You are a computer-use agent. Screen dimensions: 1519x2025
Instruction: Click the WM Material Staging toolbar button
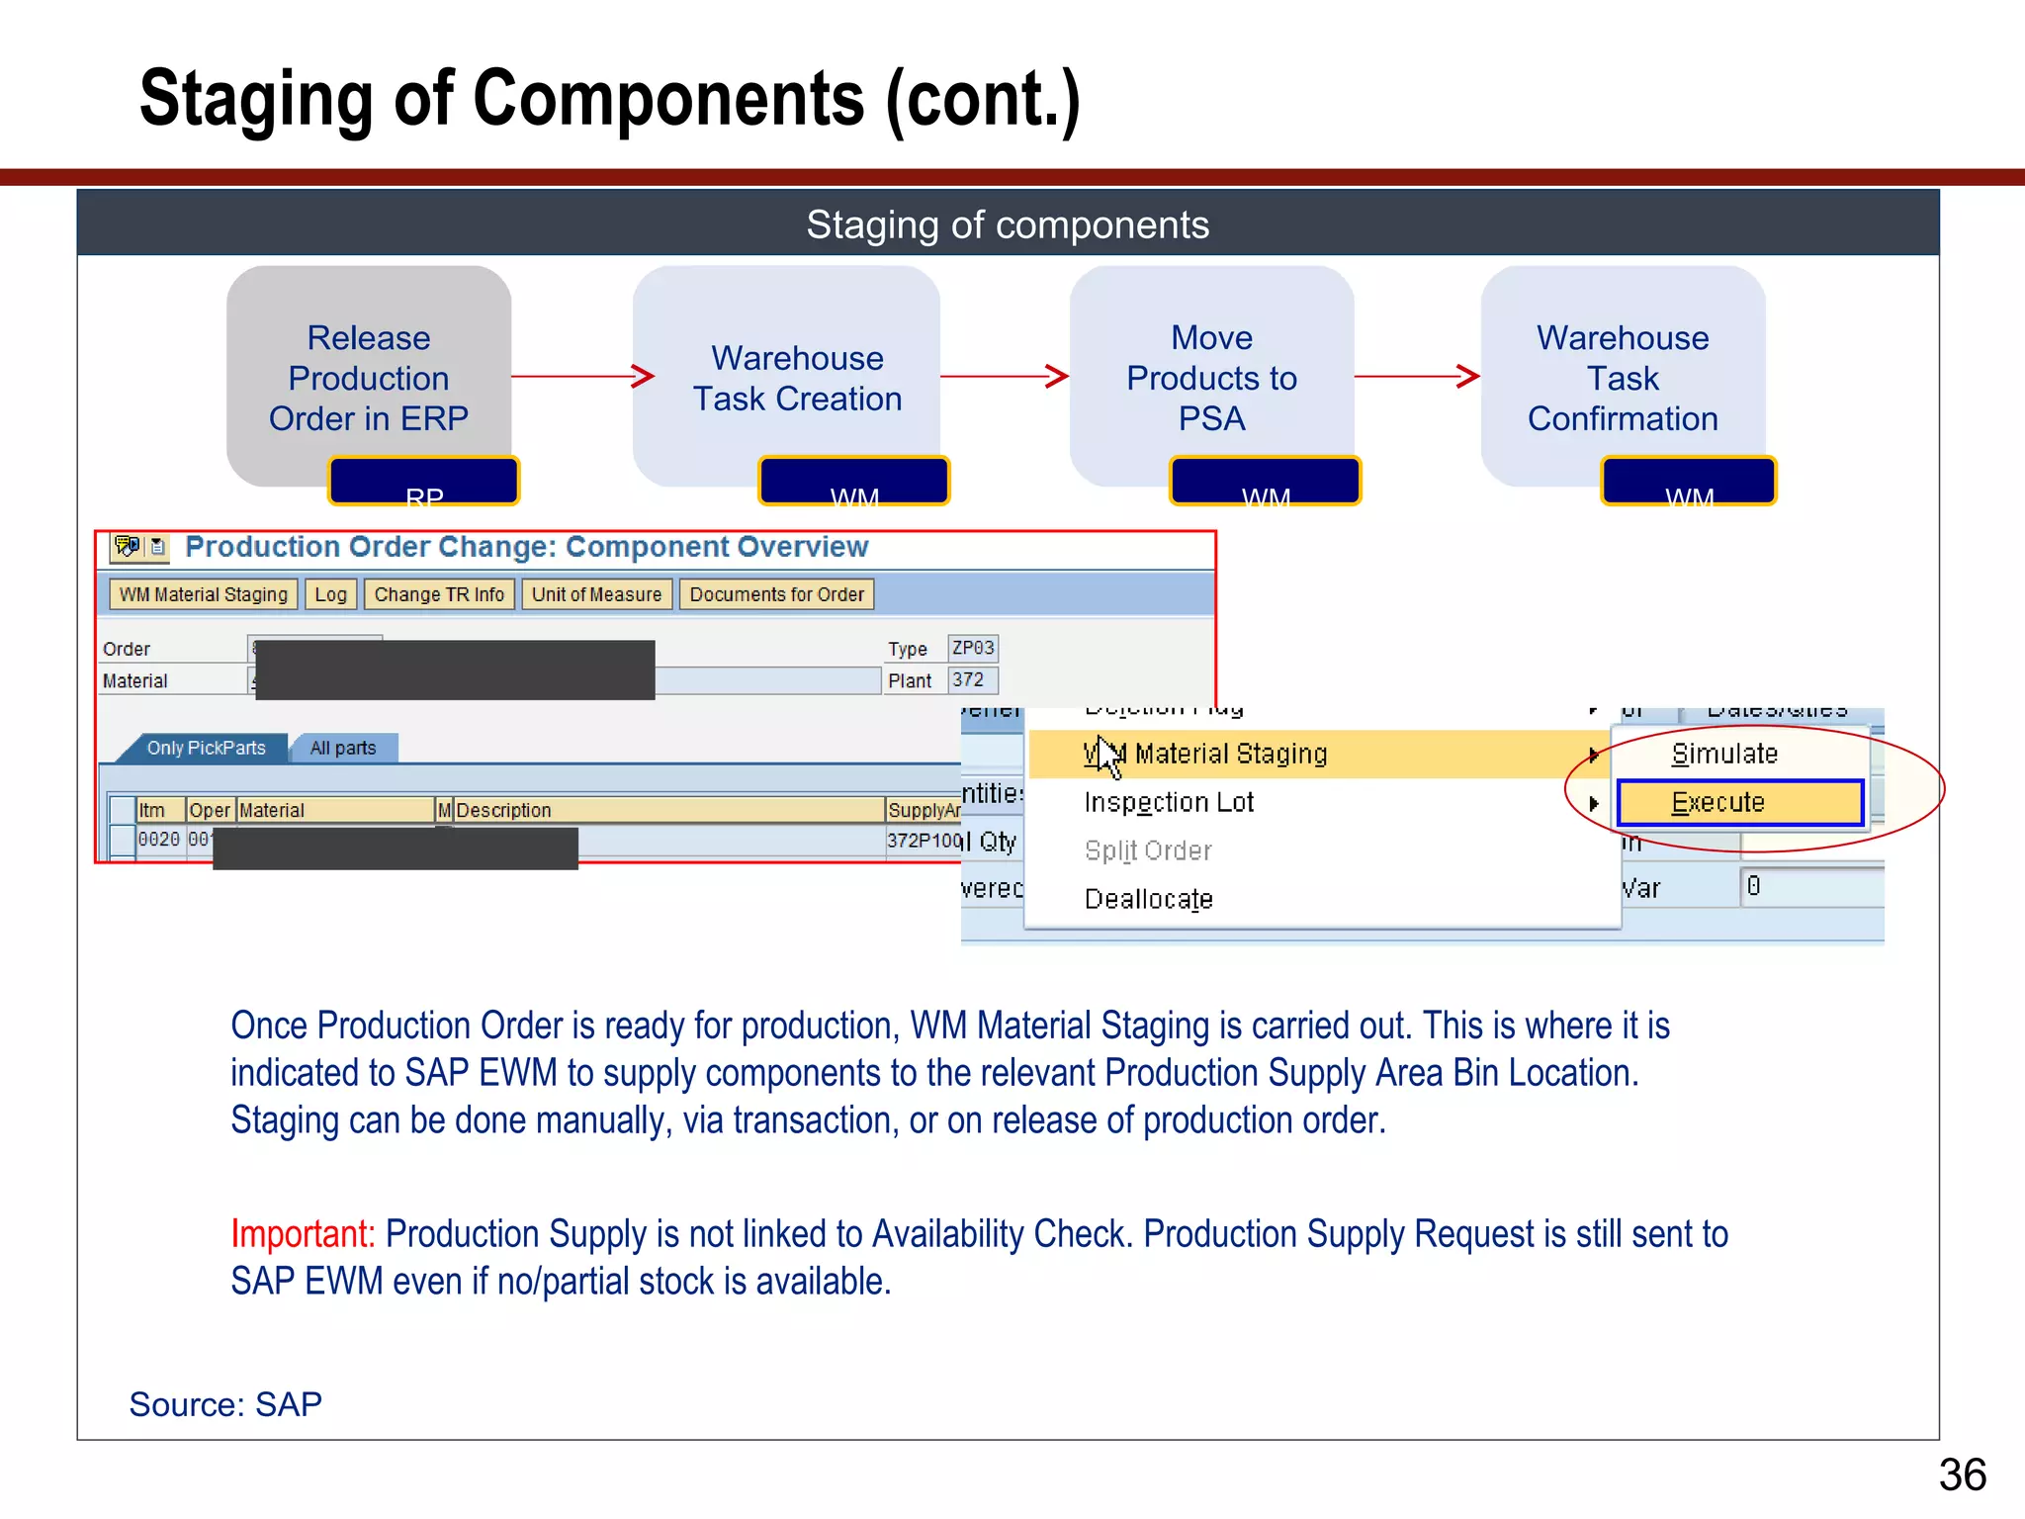(x=203, y=594)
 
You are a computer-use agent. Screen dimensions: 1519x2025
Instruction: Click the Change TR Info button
(x=439, y=594)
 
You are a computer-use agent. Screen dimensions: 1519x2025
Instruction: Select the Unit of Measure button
(x=596, y=594)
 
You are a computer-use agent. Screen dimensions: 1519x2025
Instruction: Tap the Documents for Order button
(x=776, y=594)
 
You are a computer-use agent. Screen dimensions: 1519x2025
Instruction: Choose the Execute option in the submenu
(x=1739, y=802)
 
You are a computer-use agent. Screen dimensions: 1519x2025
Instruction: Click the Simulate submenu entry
(x=1724, y=754)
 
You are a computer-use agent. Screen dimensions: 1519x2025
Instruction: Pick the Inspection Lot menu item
(x=1169, y=802)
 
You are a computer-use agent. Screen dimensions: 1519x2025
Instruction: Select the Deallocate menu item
(x=1148, y=899)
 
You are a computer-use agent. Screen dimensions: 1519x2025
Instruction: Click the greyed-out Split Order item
(x=1147, y=850)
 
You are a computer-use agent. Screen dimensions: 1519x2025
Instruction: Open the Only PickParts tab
(x=206, y=748)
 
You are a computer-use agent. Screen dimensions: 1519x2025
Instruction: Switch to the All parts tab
(x=343, y=748)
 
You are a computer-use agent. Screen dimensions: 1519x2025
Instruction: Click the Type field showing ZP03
(x=972, y=648)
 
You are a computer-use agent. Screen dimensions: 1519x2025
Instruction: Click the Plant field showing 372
(x=971, y=679)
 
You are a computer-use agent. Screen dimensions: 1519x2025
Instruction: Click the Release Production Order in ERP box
(x=369, y=377)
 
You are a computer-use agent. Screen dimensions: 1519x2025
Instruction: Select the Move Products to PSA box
(x=1211, y=377)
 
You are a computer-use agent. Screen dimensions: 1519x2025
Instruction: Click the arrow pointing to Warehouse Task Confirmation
(x=1416, y=376)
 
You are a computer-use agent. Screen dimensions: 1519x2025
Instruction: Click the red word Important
(x=303, y=1234)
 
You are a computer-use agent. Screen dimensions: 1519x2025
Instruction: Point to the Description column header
(x=668, y=810)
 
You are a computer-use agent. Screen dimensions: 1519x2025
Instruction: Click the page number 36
(x=1962, y=1474)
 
